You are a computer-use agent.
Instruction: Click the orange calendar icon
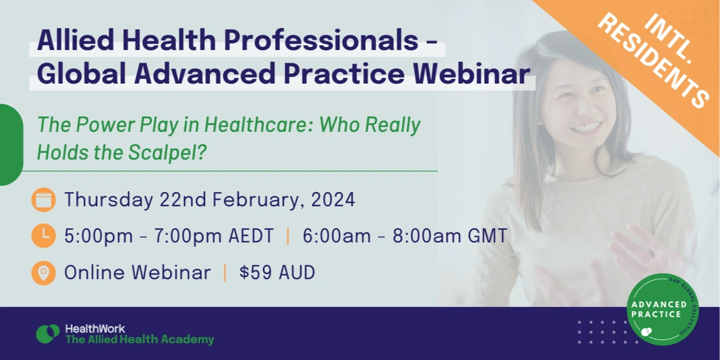coord(43,200)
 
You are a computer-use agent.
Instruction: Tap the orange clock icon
coord(43,236)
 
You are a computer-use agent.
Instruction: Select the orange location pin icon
coord(43,272)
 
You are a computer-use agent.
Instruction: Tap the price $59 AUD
coord(277,272)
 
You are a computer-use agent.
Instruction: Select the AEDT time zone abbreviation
coord(251,236)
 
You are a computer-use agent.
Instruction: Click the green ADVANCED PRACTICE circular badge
coord(663,309)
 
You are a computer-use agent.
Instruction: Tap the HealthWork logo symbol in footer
coord(48,334)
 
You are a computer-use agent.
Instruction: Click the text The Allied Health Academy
coord(139,340)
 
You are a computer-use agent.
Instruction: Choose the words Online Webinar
coord(137,272)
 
